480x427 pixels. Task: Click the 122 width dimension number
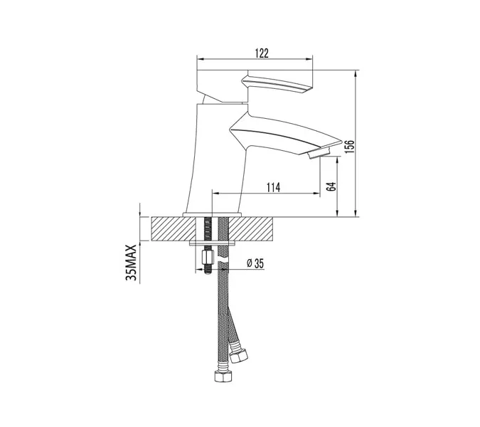point(262,53)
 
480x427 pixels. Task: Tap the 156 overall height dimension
point(349,147)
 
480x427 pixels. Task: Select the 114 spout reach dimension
point(273,187)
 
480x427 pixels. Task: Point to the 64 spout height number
point(331,186)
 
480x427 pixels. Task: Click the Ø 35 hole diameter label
point(255,263)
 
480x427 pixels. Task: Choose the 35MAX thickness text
point(131,263)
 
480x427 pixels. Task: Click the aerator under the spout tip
point(319,152)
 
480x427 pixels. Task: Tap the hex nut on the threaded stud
point(208,257)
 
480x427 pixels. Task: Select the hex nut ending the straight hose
point(223,376)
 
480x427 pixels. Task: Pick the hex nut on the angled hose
point(239,356)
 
